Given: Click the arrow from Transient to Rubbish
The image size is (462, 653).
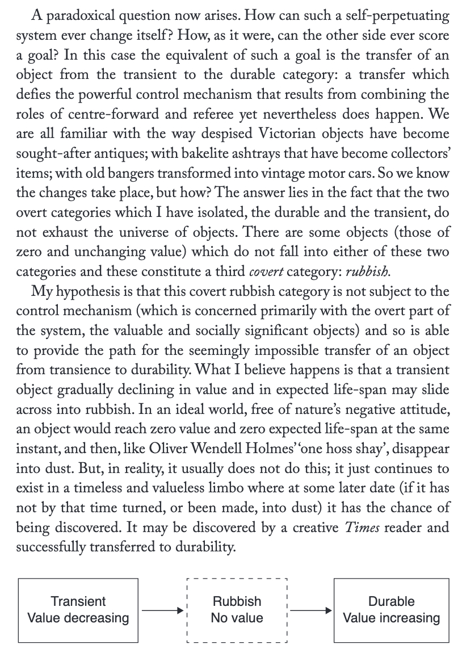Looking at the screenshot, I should (163, 610).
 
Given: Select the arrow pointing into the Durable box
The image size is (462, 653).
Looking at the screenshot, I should (310, 610).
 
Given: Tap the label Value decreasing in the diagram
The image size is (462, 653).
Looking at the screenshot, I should (78, 618).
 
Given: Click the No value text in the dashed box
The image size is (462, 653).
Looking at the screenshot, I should (237, 618).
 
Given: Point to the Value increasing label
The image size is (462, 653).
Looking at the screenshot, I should (391, 618).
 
